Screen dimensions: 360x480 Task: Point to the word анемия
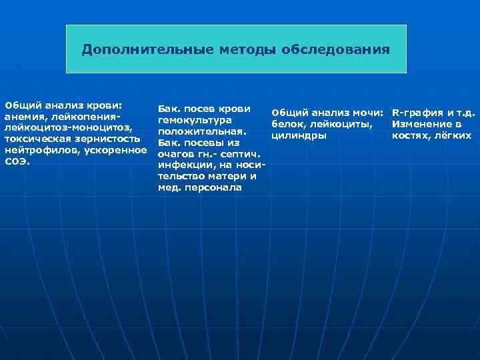click(23, 116)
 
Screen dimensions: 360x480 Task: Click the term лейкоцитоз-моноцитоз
click(69, 127)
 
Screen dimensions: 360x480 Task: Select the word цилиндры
click(299, 135)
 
